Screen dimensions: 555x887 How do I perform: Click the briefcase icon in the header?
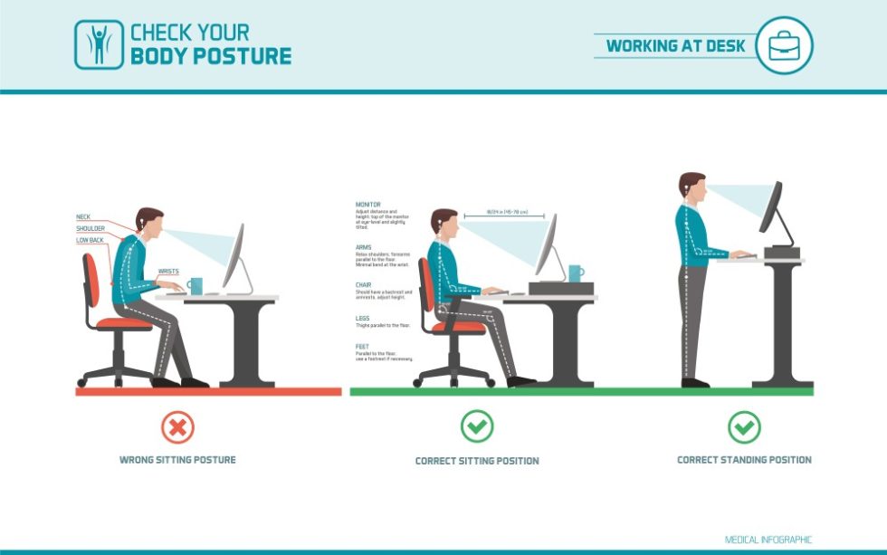(783, 45)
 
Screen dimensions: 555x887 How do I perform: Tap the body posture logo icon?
(98, 45)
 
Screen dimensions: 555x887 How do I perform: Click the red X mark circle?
(177, 426)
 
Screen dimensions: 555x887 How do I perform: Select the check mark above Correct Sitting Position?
(477, 426)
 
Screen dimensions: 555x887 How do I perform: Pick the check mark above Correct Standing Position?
(744, 426)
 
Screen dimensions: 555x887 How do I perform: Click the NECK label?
(83, 217)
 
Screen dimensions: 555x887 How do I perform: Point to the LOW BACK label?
(90, 240)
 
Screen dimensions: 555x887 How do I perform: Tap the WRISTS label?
(168, 271)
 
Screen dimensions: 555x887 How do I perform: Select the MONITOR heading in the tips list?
(367, 205)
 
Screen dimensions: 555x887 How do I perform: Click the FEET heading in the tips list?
(362, 347)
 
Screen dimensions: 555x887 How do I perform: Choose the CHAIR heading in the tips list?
(364, 284)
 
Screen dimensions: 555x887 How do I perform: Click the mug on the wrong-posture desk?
(196, 286)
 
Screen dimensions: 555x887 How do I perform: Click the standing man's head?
(691, 187)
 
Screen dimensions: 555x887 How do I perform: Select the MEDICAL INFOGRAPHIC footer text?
(768, 540)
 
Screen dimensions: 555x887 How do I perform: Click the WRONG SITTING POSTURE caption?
(177, 460)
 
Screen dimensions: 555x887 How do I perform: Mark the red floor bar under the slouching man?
(208, 391)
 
